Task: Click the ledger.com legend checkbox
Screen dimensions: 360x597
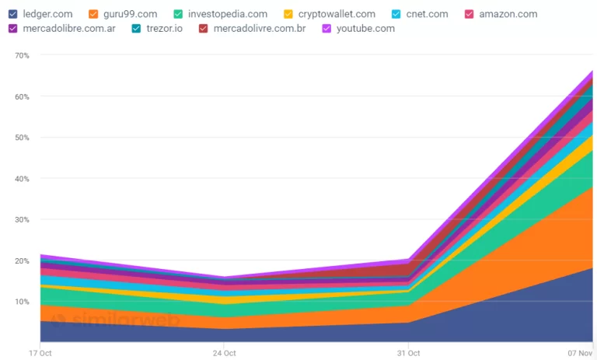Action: click(x=13, y=14)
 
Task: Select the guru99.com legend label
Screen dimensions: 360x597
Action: click(x=130, y=14)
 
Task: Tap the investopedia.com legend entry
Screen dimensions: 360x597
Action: click(x=228, y=14)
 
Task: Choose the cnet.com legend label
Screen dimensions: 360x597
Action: click(x=428, y=14)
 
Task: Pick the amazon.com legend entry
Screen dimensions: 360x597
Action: click(x=507, y=14)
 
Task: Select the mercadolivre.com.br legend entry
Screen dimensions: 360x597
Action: click(x=260, y=29)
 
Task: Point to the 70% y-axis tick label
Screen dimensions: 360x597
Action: click(x=22, y=56)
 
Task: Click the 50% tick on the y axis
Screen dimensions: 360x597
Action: click(x=22, y=138)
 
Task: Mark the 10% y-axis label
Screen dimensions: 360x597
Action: click(x=22, y=302)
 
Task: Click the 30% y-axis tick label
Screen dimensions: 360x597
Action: click(x=22, y=220)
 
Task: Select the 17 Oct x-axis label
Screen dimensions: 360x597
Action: click(x=40, y=353)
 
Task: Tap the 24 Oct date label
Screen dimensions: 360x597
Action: click(x=224, y=353)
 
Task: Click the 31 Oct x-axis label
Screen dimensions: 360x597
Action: click(x=408, y=353)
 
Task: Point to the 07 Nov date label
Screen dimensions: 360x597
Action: click(x=580, y=353)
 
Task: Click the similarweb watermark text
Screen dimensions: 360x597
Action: click(x=124, y=320)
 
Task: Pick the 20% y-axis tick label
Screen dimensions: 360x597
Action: click(x=22, y=261)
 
